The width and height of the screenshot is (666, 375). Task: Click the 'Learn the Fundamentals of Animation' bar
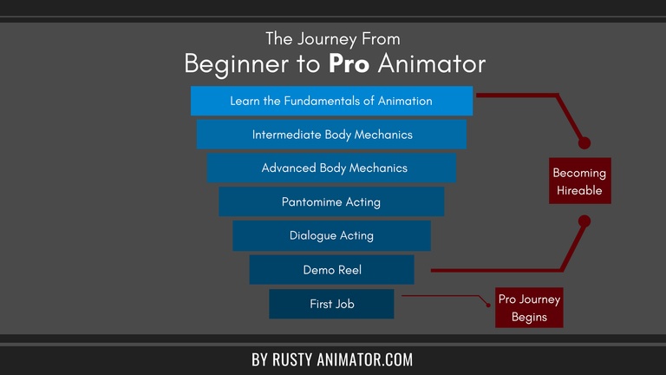tap(331, 101)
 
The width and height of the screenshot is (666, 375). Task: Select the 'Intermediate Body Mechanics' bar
tap(331, 135)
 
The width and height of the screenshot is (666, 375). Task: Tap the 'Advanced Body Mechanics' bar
tap(331, 168)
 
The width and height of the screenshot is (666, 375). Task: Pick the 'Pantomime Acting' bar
tap(331, 201)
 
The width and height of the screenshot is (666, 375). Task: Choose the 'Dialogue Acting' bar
tap(331, 235)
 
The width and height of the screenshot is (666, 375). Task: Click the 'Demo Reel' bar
tap(331, 270)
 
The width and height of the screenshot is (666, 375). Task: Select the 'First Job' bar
tap(331, 304)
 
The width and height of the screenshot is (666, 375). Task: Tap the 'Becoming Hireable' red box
tap(579, 181)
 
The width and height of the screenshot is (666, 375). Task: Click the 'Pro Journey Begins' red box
tap(529, 307)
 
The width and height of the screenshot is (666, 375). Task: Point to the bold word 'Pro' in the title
tap(348, 64)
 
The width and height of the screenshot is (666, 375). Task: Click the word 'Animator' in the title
tap(431, 64)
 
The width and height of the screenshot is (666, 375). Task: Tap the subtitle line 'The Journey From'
tap(333, 39)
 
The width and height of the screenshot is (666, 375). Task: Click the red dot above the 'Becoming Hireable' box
tap(584, 142)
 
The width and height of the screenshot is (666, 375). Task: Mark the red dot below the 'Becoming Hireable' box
tap(584, 221)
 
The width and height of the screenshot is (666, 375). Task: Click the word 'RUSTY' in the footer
tap(298, 359)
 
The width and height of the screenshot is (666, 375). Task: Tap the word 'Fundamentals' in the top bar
tap(320, 101)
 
